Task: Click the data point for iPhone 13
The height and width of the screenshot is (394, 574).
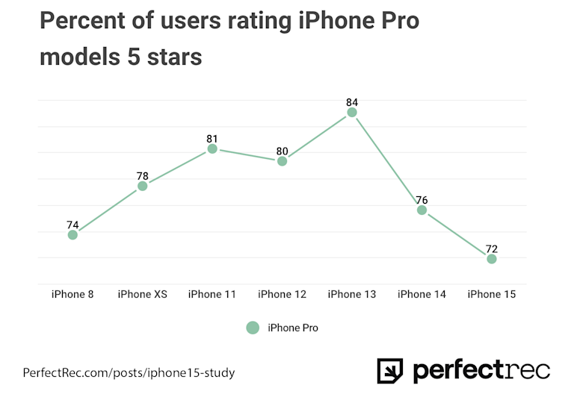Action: (351, 113)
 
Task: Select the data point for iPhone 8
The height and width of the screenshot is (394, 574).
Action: (72, 235)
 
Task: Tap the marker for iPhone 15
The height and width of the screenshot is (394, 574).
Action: (491, 259)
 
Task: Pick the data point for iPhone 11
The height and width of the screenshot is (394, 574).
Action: (212, 149)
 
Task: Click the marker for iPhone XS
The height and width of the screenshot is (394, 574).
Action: (142, 186)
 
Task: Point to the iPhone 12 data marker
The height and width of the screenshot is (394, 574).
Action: (282, 161)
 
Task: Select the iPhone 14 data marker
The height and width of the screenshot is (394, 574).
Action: (422, 210)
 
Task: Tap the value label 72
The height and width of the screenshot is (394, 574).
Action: (491, 248)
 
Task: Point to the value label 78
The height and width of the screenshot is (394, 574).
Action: (142, 176)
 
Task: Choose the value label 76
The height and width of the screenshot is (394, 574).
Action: (422, 200)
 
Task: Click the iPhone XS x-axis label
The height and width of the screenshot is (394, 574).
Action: (142, 294)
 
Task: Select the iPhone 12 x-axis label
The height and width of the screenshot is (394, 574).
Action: (282, 294)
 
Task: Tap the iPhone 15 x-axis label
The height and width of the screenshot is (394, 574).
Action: (491, 294)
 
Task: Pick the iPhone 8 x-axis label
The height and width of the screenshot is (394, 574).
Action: (72, 294)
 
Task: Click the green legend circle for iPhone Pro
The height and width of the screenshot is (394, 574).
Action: (253, 328)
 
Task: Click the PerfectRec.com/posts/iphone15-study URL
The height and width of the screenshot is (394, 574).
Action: (134, 372)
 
